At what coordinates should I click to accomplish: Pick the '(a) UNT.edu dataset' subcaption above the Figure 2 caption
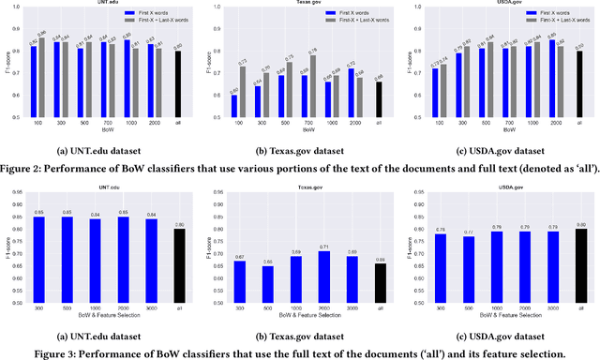point(98,150)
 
